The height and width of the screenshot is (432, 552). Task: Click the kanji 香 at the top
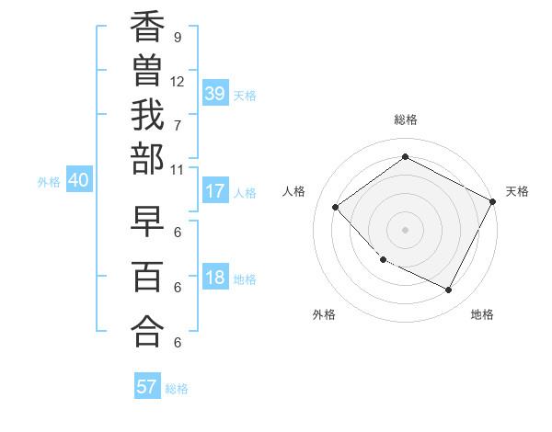[x=148, y=30]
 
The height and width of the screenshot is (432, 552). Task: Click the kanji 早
[x=148, y=225]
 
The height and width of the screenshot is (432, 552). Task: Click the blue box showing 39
[x=215, y=94]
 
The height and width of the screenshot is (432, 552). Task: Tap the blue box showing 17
[x=215, y=192]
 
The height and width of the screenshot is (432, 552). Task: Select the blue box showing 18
[x=215, y=279]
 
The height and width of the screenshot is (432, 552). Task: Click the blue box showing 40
[x=78, y=181]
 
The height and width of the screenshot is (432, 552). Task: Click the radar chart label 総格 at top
[x=406, y=119]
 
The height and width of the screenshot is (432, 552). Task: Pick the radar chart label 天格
[x=517, y=191]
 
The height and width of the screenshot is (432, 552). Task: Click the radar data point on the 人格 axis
[x=336, y=208]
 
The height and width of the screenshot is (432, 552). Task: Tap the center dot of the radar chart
[x=405, y=230]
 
